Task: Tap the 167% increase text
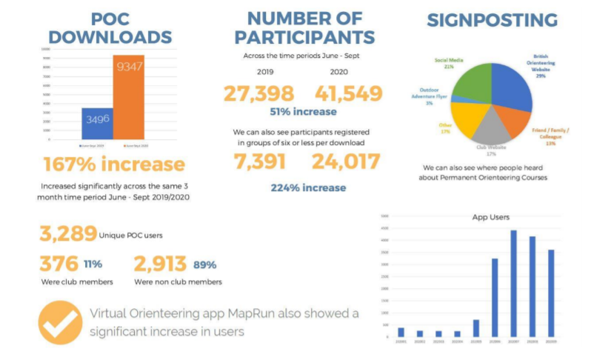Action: pyautogui.click(x=113, y=164)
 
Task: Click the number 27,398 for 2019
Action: pyautogui.click(x=258, y=93)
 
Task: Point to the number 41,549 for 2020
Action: pyautogui.click(x=349, y=93)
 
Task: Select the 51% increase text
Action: pyautogui.click(x=303, y=113)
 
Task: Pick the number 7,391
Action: pyautogui.click(x=259, y=161)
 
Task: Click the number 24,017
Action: pyautogui.click(x=346, y=161)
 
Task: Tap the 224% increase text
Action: pyautogui.click(x=303, y=187)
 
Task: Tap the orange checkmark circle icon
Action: pyautogui.click(x=60, y=322)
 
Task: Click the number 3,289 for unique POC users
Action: pyautogui.click(x=67, y=235)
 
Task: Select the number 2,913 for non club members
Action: pyautogui.click(x=160, y=264)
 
